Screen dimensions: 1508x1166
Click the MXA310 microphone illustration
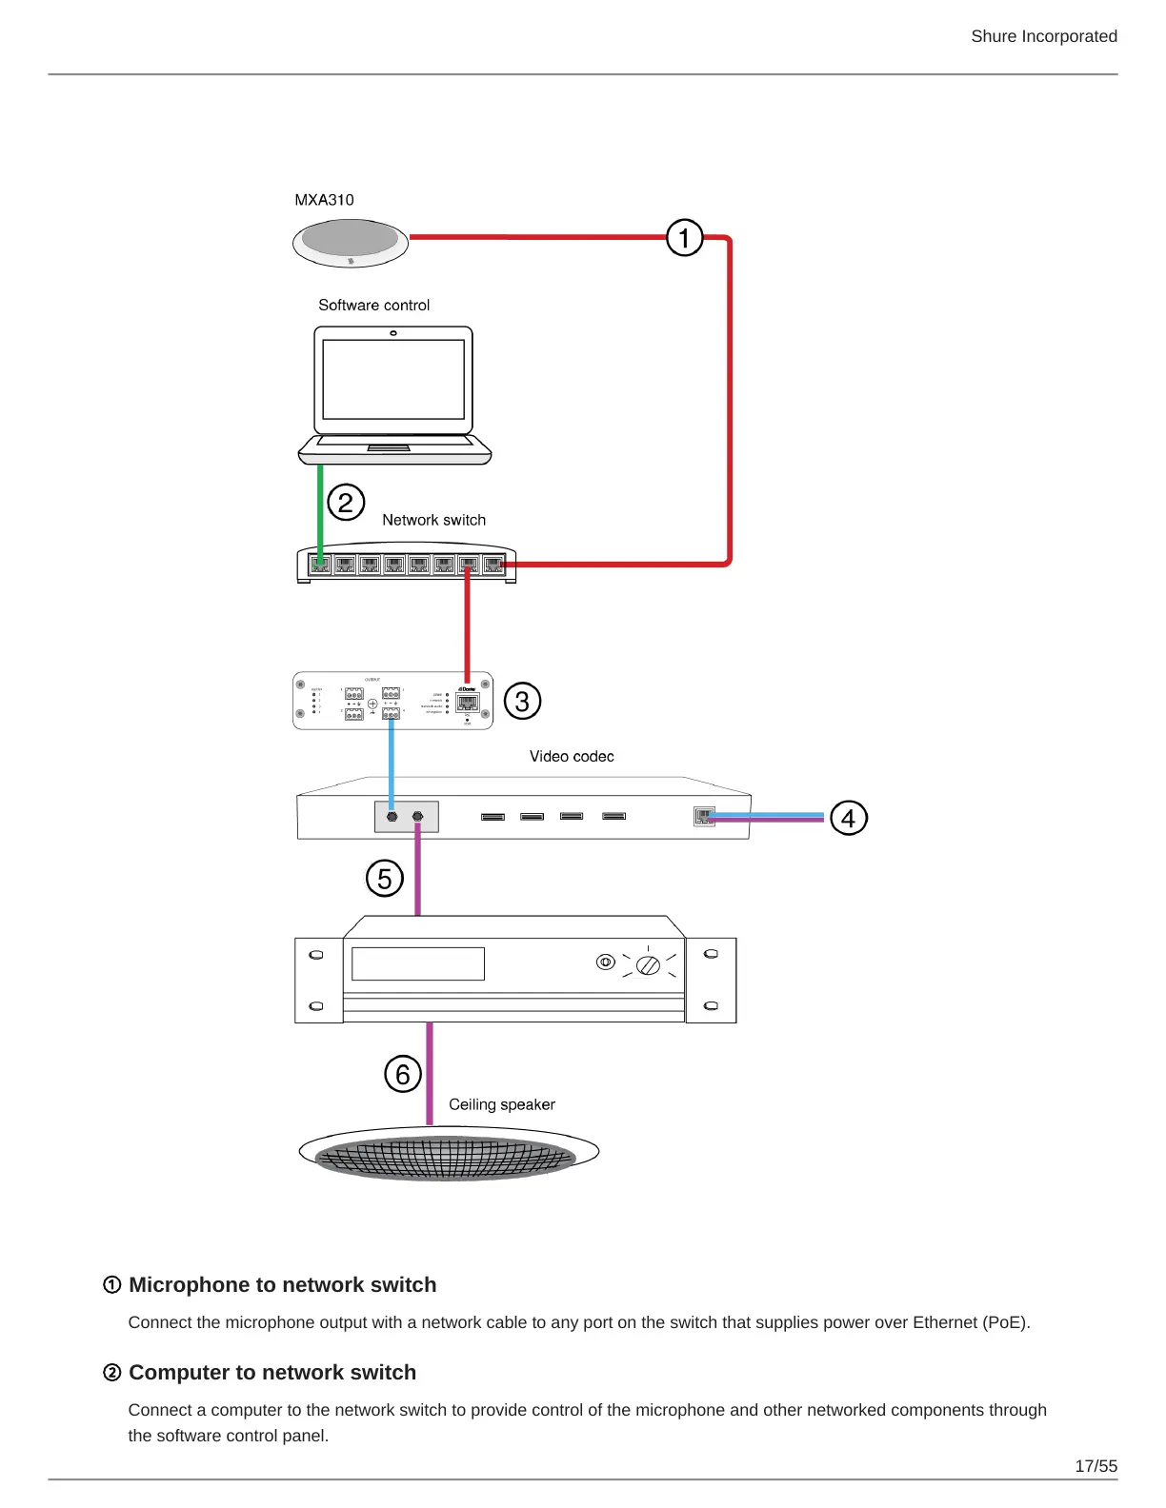[x=350, y=243]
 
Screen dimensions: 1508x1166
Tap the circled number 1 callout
[x=684, y=238]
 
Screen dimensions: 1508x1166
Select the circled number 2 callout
[x=346, y=502]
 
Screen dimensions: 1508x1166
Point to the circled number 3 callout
[x=522, y=701]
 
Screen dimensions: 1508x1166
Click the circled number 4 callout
[x=848, y=818]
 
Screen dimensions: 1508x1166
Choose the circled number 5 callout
[x=385, y=878]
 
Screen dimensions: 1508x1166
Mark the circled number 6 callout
[x=403, y=1074]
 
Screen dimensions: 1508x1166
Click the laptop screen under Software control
[x=393, y=379]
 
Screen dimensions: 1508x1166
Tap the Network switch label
[x=433, y=520]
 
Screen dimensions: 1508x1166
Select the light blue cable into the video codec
[x=392, y=762]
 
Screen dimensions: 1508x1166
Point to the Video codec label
[x=572, y=756]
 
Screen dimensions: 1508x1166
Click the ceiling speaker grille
[x=446, y=1158]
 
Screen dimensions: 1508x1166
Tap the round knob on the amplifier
[x=648, y=965]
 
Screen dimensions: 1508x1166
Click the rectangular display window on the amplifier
[x=418, y=963]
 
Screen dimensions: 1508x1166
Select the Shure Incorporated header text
[x=1043, y=36]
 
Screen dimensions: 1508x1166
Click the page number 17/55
[x=1096, y=1466]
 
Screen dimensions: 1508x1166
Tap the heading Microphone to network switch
[x=282, y=1284]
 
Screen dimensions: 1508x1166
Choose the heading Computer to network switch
[x=272, y=1372]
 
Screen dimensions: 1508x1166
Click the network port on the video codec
[x=704, y=816]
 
